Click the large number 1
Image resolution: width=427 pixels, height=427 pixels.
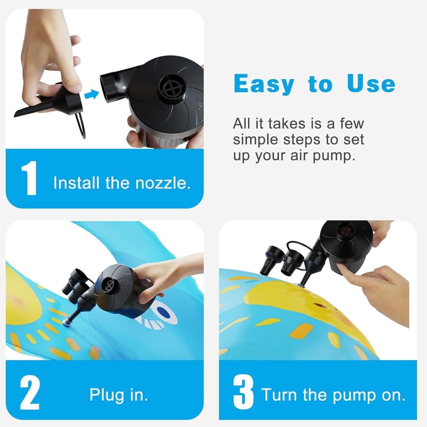[30, 178]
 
